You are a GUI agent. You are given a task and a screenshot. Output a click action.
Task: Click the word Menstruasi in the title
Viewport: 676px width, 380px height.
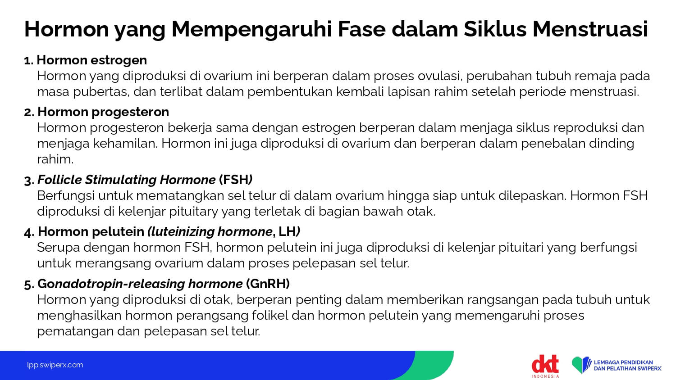coord(590,29)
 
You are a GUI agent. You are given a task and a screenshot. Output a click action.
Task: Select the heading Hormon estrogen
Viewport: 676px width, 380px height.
coord(92,60)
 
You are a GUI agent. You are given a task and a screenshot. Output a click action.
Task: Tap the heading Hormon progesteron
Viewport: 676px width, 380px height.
coord(103,112)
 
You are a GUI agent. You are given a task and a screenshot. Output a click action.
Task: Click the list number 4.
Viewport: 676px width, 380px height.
coord(29,232)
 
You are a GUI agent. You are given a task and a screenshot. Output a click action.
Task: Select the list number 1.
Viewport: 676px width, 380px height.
coord(28,61)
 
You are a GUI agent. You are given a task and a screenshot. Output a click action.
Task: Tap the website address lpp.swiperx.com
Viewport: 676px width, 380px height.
coord(55,365)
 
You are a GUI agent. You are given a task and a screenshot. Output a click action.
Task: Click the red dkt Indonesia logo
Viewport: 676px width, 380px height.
coord(545,366)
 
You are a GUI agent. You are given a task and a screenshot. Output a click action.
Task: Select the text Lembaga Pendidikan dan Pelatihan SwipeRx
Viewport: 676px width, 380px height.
coord(627,365)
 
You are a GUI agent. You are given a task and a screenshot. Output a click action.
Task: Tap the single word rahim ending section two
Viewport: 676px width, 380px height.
coord(55,159)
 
